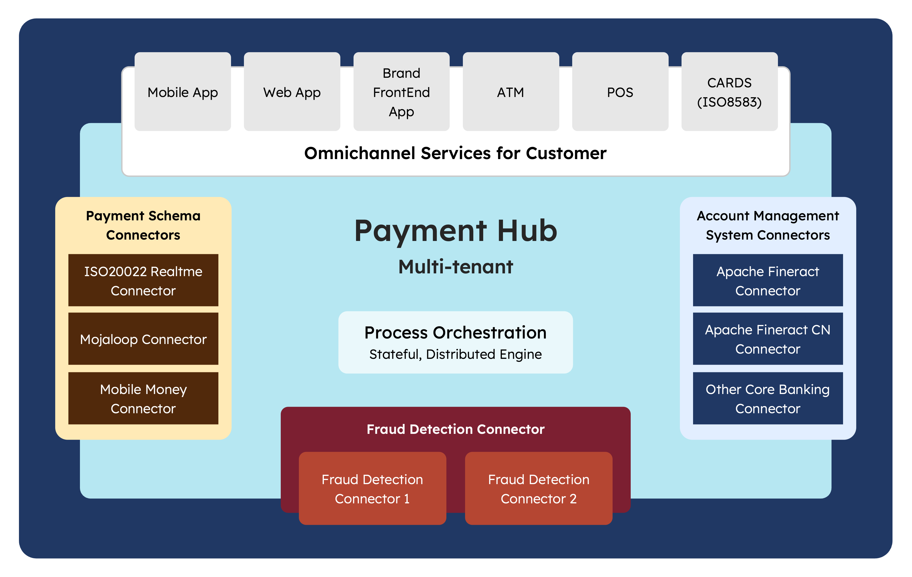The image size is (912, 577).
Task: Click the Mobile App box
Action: (x=183, y=92)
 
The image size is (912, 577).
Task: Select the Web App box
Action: (x=292, y=92)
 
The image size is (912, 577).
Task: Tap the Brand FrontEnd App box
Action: (x=401, y=92)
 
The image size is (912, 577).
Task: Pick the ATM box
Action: (x=511, y=92)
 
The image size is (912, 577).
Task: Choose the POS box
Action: (x=620, y=92)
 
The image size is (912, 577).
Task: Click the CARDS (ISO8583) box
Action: (x=729, y=92)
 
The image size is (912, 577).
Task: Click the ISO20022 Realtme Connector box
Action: (x=143, y=280)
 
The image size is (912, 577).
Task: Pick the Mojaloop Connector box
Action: (x=143, y=339)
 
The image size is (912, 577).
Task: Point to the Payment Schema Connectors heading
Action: (x=143, y=225)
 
